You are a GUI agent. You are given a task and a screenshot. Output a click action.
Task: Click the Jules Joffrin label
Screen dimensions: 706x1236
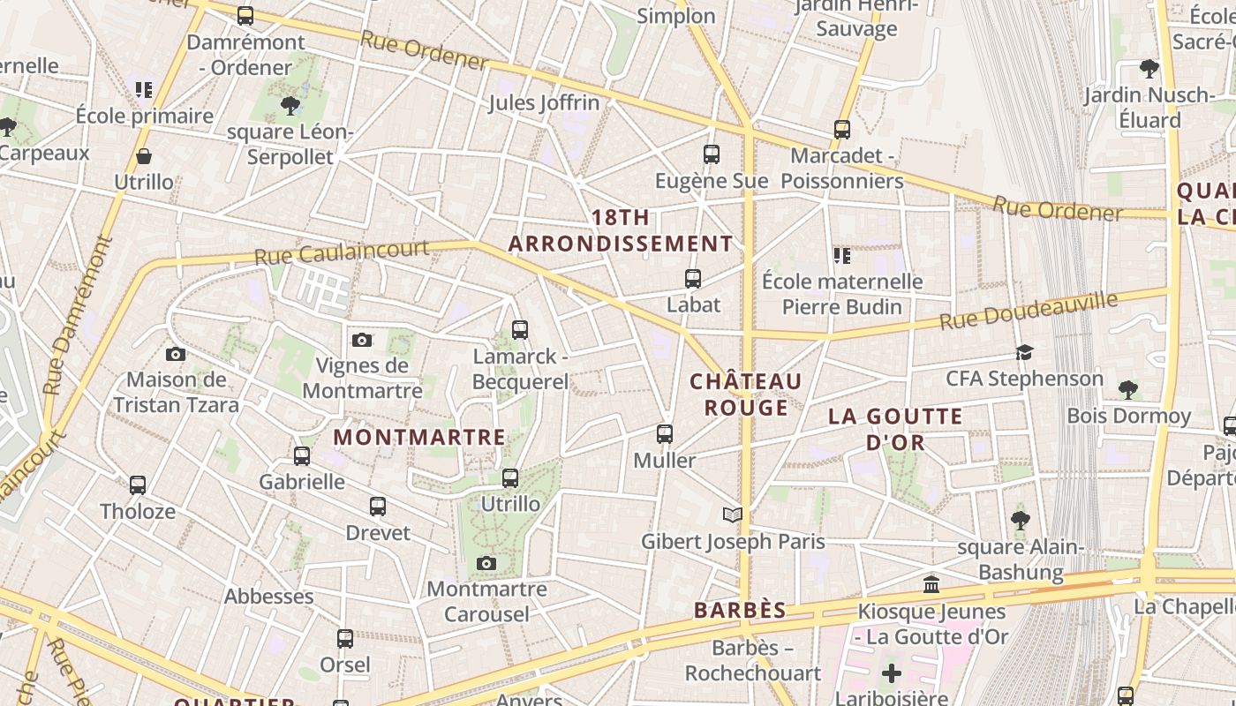(544, 103)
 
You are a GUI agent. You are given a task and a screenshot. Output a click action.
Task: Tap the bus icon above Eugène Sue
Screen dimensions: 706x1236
(712, 154)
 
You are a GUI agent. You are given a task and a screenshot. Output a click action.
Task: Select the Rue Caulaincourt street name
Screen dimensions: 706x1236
(341, 252)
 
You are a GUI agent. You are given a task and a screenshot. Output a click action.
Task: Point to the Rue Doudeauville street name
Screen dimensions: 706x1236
(1029, 311)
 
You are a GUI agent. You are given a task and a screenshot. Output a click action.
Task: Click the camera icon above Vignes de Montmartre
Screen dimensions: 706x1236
(362, 340)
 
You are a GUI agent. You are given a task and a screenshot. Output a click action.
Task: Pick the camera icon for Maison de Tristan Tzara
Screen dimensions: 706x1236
(176, 354)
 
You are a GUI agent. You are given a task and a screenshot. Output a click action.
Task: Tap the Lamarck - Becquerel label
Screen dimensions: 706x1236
(520, 369)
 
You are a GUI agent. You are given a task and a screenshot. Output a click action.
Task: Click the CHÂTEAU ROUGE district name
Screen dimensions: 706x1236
(746, 394)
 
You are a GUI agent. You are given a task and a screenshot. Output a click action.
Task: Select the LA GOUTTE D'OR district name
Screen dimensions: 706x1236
(895, 429)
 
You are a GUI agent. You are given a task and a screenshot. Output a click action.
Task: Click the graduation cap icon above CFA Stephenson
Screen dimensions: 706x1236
(1024, 353)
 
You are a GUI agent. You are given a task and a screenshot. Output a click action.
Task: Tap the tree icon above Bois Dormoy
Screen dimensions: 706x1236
(1127, 389)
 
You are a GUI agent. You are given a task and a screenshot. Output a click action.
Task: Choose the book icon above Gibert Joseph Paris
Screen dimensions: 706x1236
(733, 514)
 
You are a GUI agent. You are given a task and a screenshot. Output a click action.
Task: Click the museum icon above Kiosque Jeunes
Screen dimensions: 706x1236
(931, 584)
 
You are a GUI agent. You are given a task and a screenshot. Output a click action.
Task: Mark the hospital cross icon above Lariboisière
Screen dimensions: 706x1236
(892, 673)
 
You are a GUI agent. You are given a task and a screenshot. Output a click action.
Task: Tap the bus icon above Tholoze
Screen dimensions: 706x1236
(138, 484)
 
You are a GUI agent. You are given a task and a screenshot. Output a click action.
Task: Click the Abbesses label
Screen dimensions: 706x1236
(268, 597)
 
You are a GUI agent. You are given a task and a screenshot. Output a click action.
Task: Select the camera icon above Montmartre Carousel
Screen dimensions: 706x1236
(486, 563)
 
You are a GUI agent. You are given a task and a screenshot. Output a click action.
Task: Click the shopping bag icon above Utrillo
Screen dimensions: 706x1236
(144, 157)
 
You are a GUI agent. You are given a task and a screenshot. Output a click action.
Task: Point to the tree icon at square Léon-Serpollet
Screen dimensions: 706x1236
(289, 106)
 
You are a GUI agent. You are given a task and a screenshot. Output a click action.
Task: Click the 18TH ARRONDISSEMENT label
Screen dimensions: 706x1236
(621, 230)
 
